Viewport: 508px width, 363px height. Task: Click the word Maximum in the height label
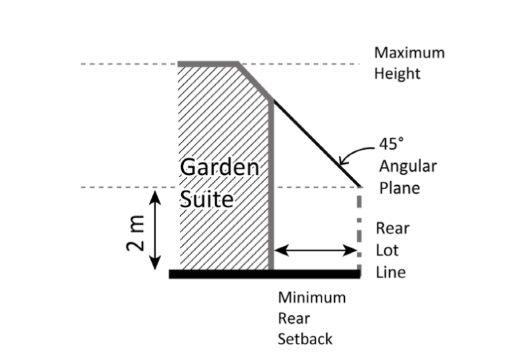(408, 52)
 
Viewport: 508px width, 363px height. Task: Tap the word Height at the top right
(397, 73)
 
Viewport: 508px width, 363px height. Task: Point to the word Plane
(399, 188)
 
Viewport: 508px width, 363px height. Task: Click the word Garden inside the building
(219, 168)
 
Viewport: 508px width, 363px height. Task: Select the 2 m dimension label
(136, 236)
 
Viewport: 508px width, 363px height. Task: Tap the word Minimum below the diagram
(311, 297)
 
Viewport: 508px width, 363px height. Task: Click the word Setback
(305, 338)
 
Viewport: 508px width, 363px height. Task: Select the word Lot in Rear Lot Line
(386, 251)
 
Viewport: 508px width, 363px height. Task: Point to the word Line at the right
(390, 272)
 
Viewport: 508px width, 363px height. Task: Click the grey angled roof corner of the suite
(255, 82)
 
